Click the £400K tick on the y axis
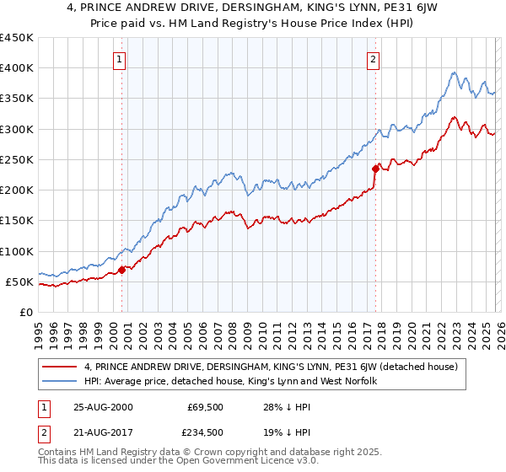17,68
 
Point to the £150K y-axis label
17,221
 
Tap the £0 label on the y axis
27,312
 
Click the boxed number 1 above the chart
120,60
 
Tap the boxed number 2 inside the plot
373,60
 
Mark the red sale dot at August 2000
121,270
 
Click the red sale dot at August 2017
374,169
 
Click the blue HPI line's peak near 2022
454,72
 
